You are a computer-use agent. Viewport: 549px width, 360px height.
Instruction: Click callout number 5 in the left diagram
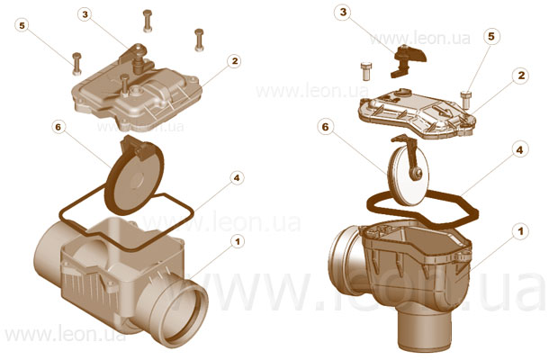click(22, 26)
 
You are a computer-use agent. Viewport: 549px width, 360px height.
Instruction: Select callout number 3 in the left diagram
click(85, 14)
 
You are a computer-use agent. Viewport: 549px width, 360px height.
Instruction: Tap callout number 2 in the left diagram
click(234, 61)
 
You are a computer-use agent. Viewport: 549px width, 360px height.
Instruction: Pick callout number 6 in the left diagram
click(58, 127)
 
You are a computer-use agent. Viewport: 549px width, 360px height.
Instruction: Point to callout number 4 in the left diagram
click(237, 178)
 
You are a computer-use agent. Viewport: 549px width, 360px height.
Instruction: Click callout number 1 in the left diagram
click(238, 241)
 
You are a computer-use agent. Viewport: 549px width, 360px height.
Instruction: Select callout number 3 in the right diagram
click(343, 13)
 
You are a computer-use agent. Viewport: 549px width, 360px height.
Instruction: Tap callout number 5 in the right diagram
click(491, 36)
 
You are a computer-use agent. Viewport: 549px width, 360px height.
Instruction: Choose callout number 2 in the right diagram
click(521, 76)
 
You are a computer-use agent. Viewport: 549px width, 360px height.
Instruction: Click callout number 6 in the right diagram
click(325, 127)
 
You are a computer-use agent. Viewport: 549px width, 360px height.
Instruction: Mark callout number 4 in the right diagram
click(519, 150)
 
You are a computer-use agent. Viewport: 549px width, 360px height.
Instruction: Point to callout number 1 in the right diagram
click(520, 231)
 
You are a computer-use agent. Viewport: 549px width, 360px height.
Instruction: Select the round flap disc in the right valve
click(409, 175)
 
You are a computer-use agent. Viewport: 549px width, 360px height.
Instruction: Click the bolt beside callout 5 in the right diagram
click(466, 100)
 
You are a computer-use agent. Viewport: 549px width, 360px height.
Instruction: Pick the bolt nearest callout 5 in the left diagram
click(76, 64)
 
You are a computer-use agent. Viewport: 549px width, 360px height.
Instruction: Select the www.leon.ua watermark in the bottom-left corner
click(65, 335)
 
